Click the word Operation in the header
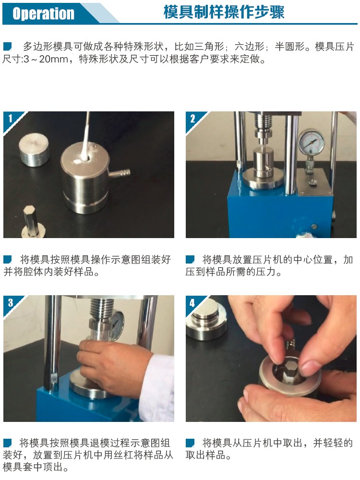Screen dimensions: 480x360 [x=44, y=13]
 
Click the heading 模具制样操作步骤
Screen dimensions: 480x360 [x=224, y=12]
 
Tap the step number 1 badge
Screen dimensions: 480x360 [x=9, y=118]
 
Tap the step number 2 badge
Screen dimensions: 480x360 [x=192, y=118]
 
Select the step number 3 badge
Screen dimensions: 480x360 [x=9, y=302]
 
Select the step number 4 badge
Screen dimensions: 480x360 [x=192, y=302]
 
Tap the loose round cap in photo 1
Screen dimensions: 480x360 [x=34, y=150]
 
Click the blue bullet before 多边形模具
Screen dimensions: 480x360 [x=7, y=47]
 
